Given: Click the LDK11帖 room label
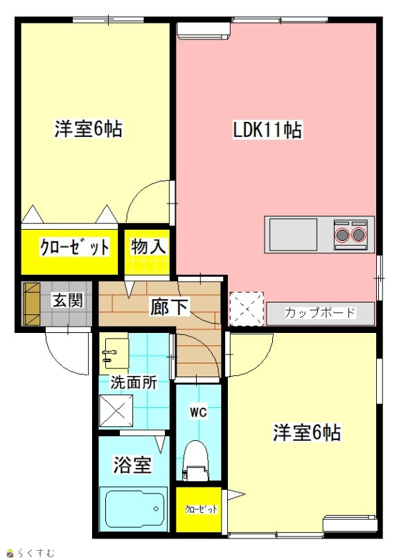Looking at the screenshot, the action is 267,129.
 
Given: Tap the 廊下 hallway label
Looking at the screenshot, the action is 168,307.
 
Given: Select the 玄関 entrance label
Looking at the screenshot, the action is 68,300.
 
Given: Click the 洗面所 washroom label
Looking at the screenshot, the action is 133,383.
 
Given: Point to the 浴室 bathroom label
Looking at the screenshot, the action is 132,464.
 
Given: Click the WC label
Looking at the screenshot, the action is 198,413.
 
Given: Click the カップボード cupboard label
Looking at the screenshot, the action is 320,313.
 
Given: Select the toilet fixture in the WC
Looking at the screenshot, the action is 195,461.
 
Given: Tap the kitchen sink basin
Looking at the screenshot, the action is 293,235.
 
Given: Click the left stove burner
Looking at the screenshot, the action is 343,235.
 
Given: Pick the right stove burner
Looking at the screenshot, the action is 359,235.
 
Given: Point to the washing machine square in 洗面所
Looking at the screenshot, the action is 116,410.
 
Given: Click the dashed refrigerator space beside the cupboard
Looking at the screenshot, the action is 247,309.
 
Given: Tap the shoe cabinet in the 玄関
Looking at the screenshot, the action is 32,304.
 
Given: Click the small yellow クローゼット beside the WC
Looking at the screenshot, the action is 199,509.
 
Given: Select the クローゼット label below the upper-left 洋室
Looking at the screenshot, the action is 74,247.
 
